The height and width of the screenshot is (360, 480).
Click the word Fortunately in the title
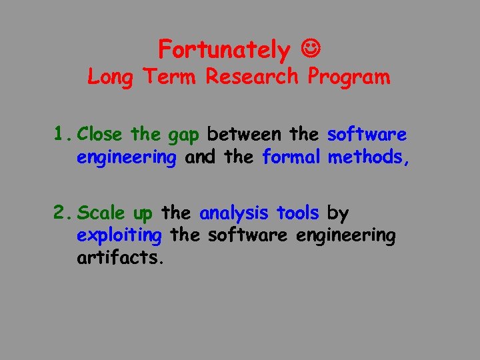click(x=224, y=49)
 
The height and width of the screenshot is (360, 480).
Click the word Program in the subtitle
click(x=349, y=77)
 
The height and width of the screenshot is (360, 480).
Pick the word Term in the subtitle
click(x=169, y=77)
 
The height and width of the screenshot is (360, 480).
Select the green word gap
click(x=183, y=136)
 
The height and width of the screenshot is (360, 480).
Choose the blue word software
click(x=367, y=135)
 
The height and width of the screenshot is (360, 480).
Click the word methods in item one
click(x=367, y=158)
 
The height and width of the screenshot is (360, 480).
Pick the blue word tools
click(x=298, y=213)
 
